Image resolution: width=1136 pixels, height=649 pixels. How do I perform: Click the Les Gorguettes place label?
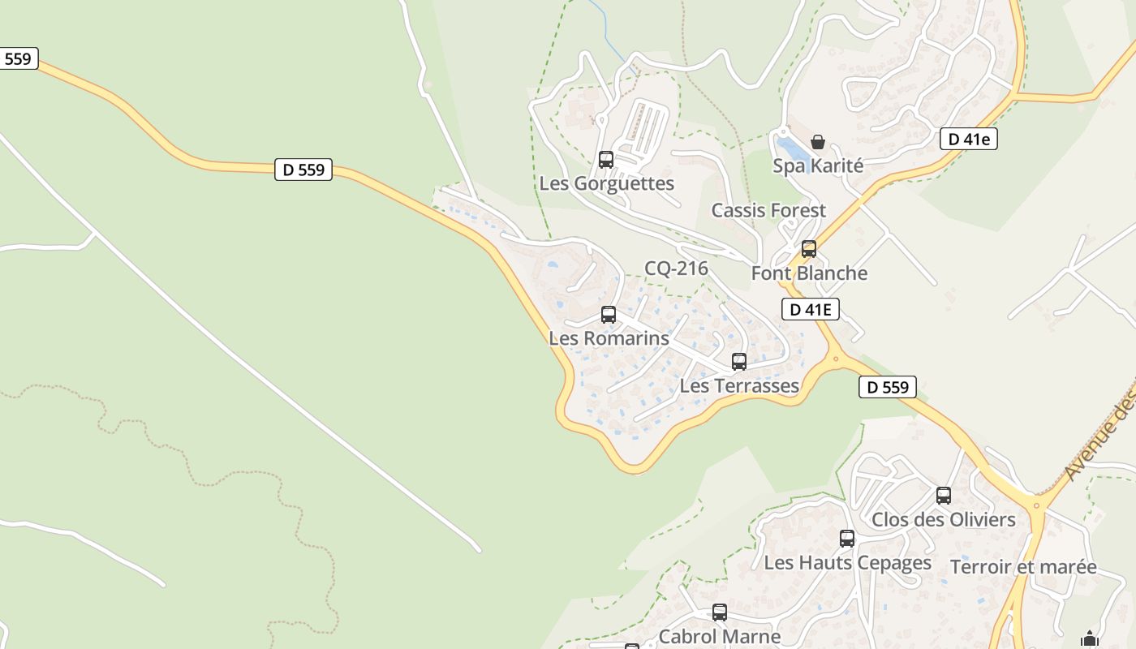click(607, 183)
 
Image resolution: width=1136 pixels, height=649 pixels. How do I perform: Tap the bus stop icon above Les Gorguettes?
click(606, 159)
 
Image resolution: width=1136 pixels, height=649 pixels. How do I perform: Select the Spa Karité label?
click(818, 165)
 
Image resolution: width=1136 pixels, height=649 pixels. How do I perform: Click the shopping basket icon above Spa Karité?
click(818, 142)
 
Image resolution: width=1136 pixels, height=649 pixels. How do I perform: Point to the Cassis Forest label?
click(768, 210)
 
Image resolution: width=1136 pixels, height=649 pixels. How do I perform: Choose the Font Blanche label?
click(809, 273)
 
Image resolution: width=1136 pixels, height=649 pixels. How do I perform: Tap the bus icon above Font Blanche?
click(809, 248)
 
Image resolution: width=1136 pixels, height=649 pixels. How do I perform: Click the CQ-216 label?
click(677, 269)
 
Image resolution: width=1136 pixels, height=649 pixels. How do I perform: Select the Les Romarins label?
click(609, 337)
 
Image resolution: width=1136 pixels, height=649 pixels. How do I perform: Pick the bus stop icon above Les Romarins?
click(609, 314)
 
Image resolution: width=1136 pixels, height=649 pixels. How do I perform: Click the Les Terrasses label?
click(739, 385)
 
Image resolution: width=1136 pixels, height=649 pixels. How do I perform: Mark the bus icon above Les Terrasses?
click(739, 361)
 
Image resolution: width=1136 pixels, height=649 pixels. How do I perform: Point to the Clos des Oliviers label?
click(944, 519)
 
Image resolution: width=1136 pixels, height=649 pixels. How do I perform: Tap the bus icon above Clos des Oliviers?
click(944, 495)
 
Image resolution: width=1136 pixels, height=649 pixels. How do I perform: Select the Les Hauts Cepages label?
click(848, 562)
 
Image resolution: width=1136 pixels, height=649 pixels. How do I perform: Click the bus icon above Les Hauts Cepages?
click(847, 538)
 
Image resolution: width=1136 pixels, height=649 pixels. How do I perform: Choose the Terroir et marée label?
click(1023, 567)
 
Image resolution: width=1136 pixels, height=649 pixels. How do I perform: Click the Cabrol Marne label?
click(720, 636)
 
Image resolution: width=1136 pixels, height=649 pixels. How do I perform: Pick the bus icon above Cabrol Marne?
click(720, 612)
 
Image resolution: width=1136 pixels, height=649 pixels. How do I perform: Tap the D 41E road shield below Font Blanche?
click(811, 308)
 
